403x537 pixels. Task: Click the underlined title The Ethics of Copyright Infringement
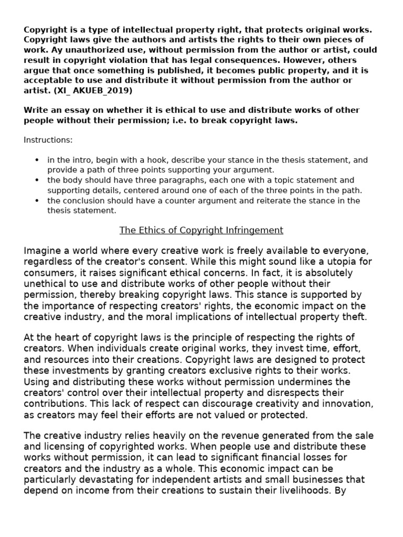pyautogui.click(x=201, y=230)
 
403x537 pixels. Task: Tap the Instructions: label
pyautogui.click(x=48, y=140)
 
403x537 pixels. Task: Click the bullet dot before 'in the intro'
pyautogui.click(x=36, y=160)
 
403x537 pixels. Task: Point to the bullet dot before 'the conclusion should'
pyautogui.click(x=36, y=201)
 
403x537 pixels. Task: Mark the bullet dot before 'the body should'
pyautogui.click(x=36, y=180)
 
